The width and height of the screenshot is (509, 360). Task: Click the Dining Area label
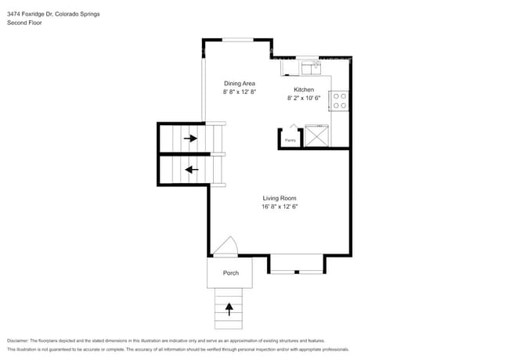[240, 83]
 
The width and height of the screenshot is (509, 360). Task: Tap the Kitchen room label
[304, 90]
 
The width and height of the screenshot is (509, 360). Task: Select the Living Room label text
[279, 198]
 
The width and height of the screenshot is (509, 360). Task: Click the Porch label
[230, 273]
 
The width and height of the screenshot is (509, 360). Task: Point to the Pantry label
[290, 140]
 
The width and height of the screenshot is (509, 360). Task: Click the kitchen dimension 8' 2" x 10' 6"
[305, 99]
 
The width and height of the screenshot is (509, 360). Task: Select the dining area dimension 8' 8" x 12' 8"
[240, 92]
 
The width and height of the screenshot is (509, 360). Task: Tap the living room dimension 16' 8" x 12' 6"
[280, 207]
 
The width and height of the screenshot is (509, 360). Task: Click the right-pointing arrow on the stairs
[190, 139]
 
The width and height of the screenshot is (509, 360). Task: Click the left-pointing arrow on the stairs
[190, 170]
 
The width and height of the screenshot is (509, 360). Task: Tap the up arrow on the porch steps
[229, 308]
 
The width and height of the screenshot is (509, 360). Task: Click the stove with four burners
[341, 100]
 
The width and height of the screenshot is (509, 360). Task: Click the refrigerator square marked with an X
[316, 136]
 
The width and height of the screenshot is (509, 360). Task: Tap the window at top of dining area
[238, 39]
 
